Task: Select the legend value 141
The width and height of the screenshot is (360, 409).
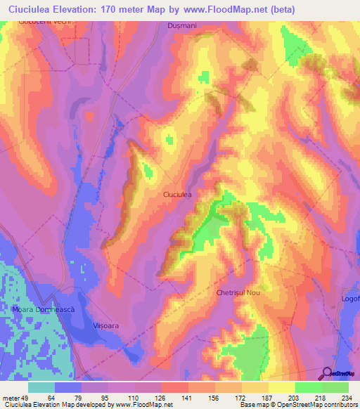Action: coord(188,398)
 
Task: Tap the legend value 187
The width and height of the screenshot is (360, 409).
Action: coord(268,398)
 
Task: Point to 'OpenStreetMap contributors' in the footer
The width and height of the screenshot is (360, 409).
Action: coord(309,405)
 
